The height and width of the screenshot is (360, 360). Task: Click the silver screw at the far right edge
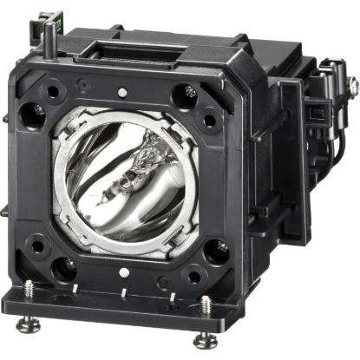pyautogui.click(x=353, y=84)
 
